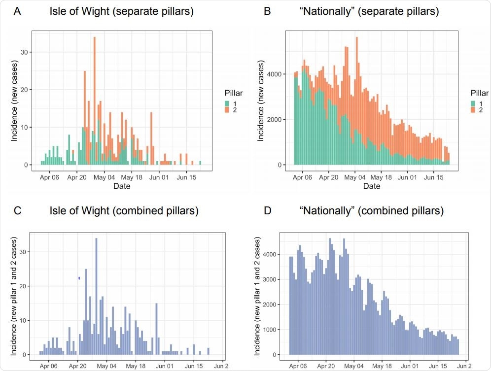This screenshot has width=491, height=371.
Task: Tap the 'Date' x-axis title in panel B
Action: coord(372,186)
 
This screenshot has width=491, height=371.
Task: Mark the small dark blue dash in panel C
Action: coord(79,278)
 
